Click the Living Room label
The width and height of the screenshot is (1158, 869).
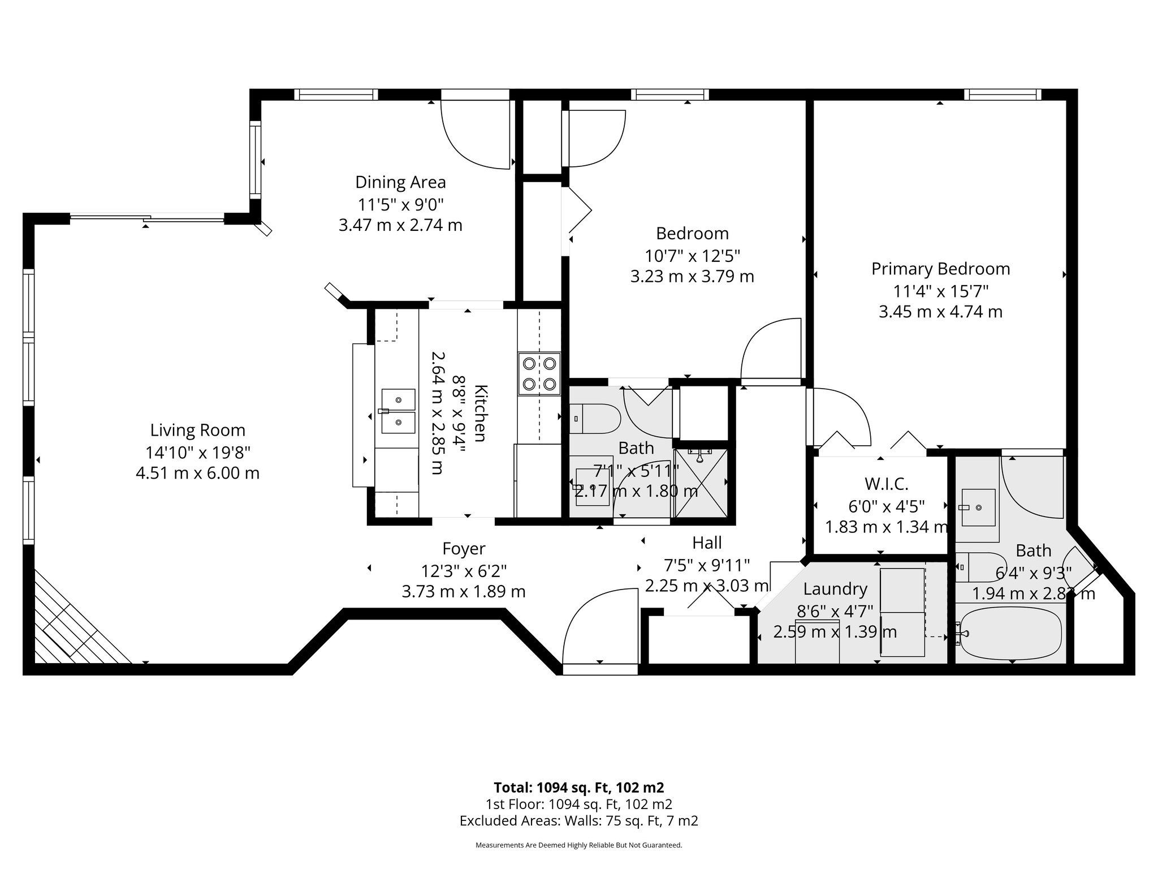(x=197, y=430)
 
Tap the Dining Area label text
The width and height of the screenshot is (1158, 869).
(x=400, y=182)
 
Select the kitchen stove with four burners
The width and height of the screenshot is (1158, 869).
(x=539, y=373)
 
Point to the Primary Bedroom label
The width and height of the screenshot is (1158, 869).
(x=940, y=269)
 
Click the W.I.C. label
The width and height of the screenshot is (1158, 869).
(x=886, y=484)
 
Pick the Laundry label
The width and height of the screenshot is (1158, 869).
(x=835, y=589)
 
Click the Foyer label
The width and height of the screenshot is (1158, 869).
(x=464, y=549)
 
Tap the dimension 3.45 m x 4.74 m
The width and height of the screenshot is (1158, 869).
(x=940, y=312)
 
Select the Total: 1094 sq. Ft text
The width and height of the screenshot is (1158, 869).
(x=578, y=788)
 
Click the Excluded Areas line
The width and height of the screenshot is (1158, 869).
(x=578, y=821)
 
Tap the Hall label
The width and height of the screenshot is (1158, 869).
(x=707, y=543)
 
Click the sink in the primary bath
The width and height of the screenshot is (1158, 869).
(x=978, y=507)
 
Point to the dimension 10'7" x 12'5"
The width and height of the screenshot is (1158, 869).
(x=692, y=256)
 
